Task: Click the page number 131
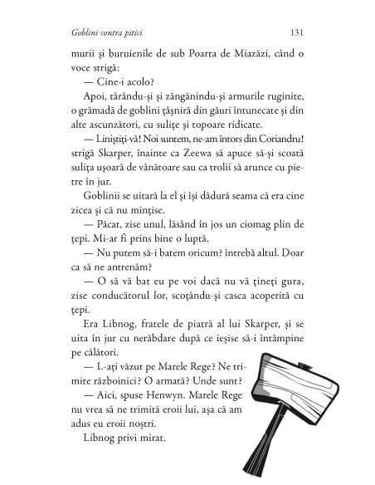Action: (300, 33)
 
